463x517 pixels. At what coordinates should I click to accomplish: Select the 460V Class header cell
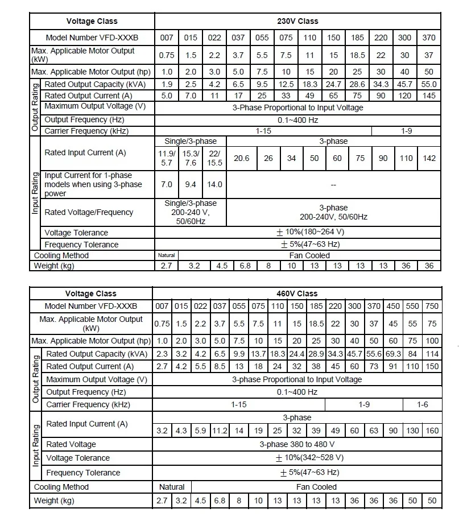[298, 293]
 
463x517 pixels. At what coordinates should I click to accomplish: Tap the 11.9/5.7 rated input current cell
[167, 158]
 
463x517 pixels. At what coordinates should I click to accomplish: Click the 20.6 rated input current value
[242, 158]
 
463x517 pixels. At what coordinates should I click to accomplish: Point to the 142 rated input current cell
[429, 158]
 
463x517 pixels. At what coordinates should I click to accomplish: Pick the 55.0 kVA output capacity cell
[429, 85]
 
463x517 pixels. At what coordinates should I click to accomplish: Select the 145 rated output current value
[429, 96]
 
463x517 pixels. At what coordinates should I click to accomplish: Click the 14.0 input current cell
[214, 184]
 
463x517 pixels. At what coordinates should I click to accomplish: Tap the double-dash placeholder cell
[333, 184]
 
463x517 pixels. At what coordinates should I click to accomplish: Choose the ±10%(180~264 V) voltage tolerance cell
[310, 232]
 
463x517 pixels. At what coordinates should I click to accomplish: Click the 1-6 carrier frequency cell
[423, 404]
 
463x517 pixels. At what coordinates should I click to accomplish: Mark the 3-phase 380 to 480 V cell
[297, 444]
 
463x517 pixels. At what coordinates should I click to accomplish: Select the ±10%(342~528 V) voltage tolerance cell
[309, 458]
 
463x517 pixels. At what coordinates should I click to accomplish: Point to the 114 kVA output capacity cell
[432, 354]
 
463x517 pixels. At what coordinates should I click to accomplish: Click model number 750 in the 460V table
[432, 306]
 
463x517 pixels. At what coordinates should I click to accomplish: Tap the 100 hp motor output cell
[432, 341]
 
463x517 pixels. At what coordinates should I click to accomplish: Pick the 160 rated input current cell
[432, 431]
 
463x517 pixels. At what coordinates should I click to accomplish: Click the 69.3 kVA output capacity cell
[393, 354]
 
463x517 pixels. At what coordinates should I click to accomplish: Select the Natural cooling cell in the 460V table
[172, 487]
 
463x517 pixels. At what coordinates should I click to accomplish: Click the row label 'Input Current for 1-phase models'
[93, 184]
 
